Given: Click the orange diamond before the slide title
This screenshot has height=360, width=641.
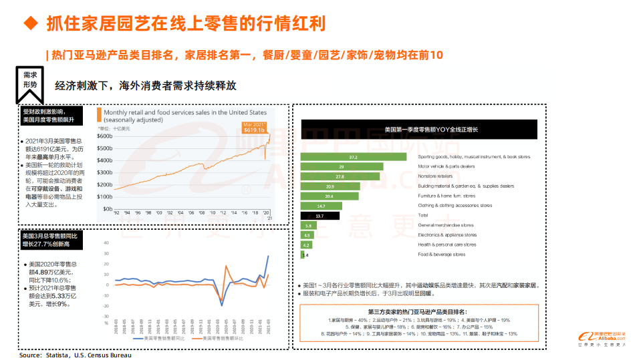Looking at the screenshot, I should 30,23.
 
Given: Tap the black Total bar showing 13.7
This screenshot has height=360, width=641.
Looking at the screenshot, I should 320,216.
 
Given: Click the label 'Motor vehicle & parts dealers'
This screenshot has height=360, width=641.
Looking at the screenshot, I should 446,166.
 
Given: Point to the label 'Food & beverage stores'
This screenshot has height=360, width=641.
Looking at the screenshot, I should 441,254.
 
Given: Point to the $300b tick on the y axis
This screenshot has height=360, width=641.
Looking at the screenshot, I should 104,172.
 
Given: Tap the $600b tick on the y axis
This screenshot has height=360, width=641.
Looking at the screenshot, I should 104,136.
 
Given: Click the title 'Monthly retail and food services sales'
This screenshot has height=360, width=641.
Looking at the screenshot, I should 185,113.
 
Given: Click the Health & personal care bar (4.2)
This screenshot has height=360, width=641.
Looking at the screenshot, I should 307,245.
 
